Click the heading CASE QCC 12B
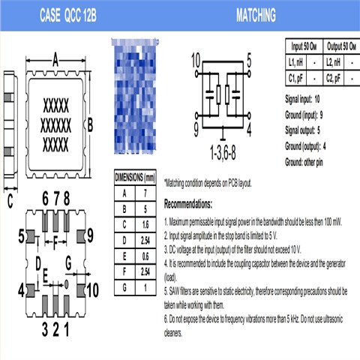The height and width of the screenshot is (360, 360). (67, 14)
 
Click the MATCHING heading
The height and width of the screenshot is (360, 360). (256, 14)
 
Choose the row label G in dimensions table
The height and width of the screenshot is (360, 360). (124, 286)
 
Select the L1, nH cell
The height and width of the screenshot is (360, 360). (296, 61)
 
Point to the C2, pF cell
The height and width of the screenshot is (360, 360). (334, 76)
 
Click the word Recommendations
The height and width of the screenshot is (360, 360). (188, 204)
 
